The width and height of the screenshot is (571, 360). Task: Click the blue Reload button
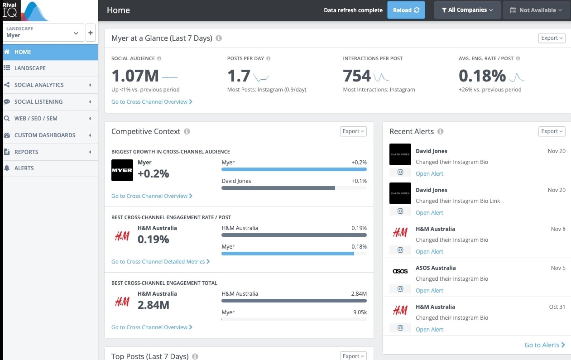click(x=406, y=10)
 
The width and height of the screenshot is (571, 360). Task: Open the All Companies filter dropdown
click(x=467, y=10)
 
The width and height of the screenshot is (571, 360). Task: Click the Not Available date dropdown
click(x=536, y=10)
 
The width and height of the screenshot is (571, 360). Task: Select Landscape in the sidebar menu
click(x=30, y=68)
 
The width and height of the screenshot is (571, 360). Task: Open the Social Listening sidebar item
click(x=38, y=101)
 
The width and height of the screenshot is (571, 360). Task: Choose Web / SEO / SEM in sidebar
click(x=36, y=118)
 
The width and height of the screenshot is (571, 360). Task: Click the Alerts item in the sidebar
click(x=24, y=168)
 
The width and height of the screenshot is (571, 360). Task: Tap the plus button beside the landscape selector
click(x=91, y=33)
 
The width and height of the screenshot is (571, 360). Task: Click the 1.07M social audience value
click(x=135, y=76)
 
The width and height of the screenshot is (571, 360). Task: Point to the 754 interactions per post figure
click(x=357, y=76)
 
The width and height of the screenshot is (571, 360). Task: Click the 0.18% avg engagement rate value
click(x=482, y=76)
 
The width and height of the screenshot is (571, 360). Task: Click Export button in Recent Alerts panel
click(x=552, y=131)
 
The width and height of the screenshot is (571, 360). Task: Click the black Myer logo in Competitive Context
click(x=122, y=170)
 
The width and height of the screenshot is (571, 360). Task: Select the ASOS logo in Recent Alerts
click(x=400, y=271)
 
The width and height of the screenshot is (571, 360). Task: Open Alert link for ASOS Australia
click(x=429, y=290)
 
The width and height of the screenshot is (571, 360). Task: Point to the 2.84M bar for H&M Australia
click(x=294, y=301)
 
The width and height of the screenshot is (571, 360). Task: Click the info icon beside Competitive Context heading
click(x=187, y=131)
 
